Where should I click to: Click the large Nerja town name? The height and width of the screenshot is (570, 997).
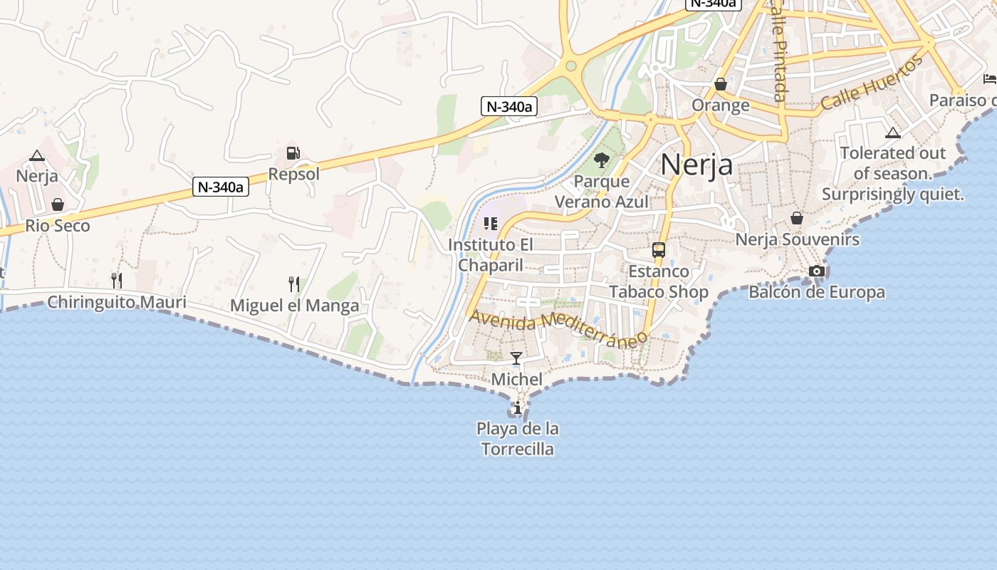696,165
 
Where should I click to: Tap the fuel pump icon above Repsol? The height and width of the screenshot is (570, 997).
293,153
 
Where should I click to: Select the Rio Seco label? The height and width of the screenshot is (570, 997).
58,226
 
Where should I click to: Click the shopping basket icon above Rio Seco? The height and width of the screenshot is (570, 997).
58,205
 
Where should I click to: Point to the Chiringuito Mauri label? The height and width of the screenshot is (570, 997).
117,302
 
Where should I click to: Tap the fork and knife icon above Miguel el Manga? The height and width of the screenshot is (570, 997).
294,284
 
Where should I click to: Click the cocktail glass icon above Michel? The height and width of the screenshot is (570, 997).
516,358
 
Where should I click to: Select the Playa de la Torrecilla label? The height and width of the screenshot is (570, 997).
518,439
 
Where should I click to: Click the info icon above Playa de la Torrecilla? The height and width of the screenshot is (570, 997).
518,408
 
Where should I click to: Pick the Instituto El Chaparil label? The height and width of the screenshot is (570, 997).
491,255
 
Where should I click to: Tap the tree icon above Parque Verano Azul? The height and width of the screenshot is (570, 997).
602,160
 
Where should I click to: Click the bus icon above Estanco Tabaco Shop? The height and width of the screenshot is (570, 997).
659,250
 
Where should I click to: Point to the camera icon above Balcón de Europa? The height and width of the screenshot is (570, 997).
817,271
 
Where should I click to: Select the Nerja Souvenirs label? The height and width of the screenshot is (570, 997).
797,239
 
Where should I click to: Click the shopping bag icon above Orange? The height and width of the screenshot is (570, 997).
721,84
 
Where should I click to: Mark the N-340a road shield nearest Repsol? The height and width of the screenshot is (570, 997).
221,187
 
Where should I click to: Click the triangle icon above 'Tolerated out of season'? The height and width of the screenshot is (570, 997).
893,133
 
